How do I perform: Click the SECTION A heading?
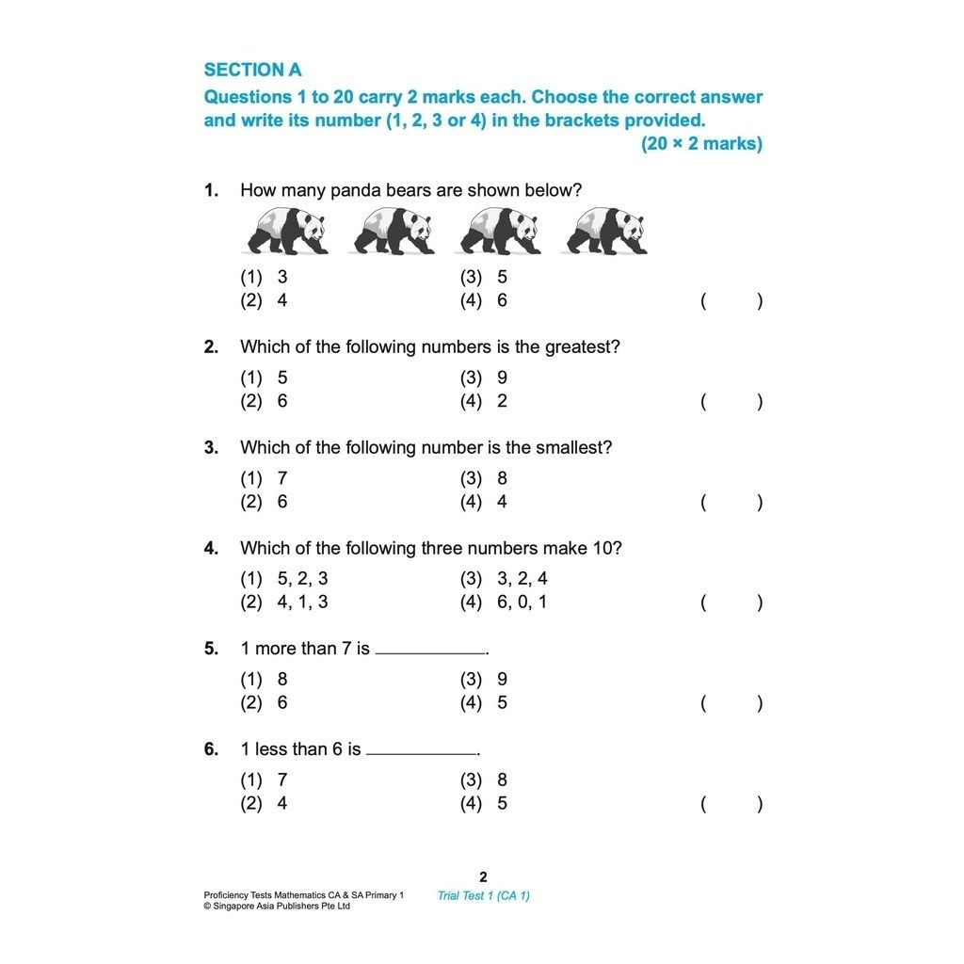click(252, 70)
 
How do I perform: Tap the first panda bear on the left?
click(286, 231)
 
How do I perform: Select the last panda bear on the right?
click(606, 231)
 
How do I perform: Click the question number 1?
click(211, 190)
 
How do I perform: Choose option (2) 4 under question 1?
click(265, 301)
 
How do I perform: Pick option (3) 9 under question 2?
click(484, 378)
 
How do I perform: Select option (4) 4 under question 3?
click(484, 502)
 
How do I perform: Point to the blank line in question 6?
click(422, 752)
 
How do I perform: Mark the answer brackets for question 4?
click(731, 602)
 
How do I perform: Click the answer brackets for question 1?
click(731, 301)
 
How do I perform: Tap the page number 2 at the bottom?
click(483, 876)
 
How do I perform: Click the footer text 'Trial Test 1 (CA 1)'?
click(483, 895)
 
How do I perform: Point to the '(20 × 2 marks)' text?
click(701, 144)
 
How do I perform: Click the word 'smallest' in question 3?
click(574, 448)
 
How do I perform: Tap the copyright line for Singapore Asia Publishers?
click(277, 907)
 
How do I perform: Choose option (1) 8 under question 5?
click(265, 680)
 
